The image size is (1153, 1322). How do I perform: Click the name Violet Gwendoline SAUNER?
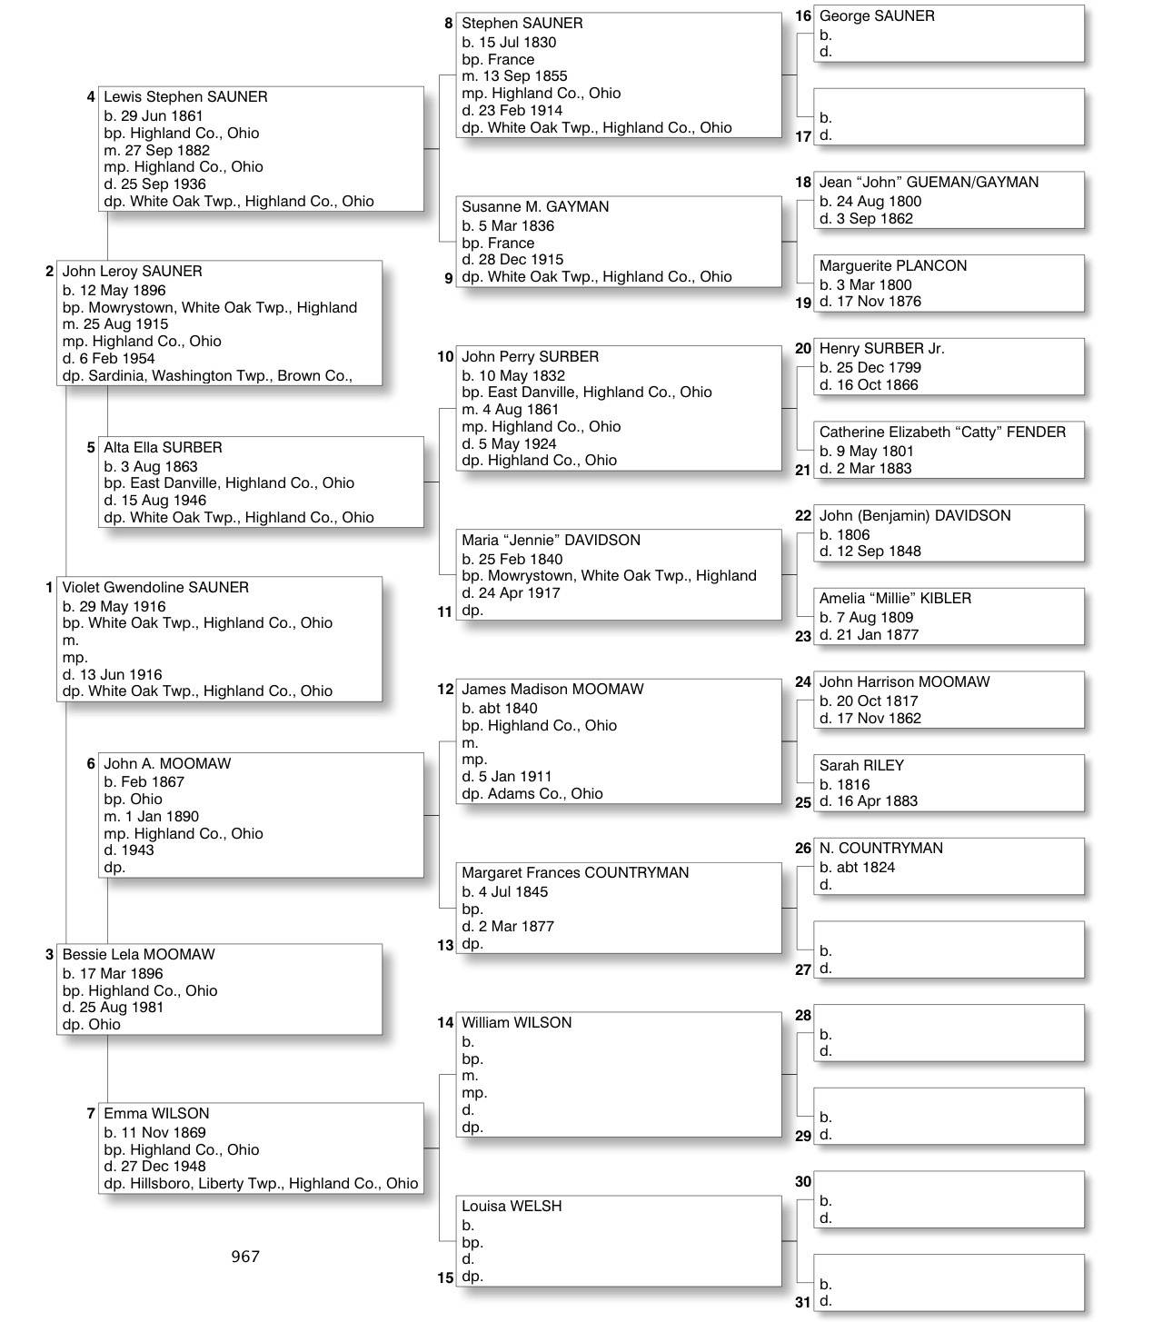(155, 588)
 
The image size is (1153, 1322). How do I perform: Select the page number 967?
(245, 1257)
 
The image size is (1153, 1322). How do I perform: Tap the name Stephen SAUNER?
(522, 24)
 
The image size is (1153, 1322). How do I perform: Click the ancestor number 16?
(803, 16)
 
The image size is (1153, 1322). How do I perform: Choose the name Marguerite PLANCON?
(892, 266)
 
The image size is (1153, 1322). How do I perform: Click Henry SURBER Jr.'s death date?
(869, 384)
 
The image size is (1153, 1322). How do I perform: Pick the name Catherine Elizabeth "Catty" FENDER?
(942, 432)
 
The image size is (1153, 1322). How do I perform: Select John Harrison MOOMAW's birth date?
(869, 701)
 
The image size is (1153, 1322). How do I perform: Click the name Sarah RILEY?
(861, 766)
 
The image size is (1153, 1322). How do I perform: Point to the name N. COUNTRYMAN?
(880, 849)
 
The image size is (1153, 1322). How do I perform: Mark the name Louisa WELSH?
(512, 1207)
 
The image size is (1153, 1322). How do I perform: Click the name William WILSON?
(516, 1023)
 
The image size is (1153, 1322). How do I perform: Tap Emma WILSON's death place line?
(261, 1183)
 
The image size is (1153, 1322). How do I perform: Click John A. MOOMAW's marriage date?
(151, 816)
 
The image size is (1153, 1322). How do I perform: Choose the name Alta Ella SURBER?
(163, 448)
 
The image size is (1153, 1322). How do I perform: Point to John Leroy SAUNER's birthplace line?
(210, 307)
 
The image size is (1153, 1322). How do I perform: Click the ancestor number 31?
(803, 1302)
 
